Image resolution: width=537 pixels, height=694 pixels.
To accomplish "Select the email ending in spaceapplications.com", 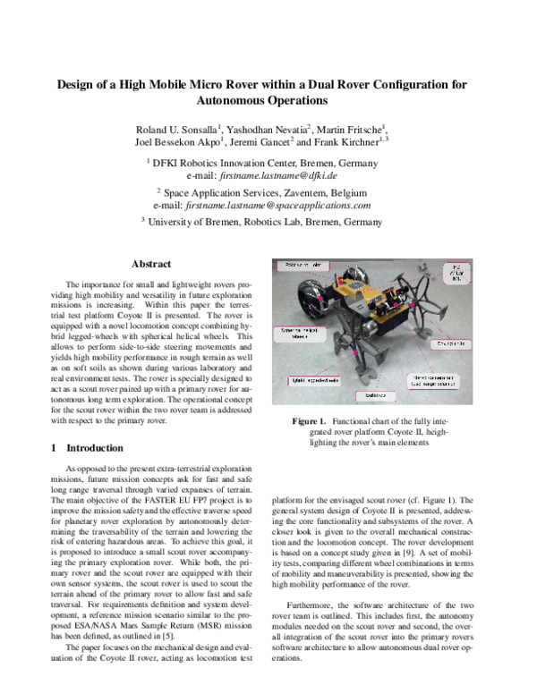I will coord(299,205).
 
